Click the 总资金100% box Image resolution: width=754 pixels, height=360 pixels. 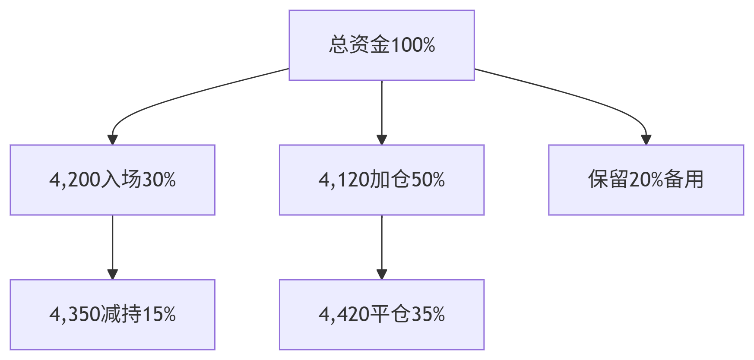pyautogui.click(x=382, y=45)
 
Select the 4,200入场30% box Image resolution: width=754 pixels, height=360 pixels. pyautogui.click(x=113, y=180)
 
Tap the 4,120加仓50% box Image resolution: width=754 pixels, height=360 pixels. pyautogui.click(x=382, y=180)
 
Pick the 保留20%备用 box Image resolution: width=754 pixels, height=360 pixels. pyautogui.click(x=646, y=180)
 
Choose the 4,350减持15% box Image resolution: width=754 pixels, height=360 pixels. pyautogui.click(x=113, y=315)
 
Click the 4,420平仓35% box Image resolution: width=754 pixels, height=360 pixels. pyautogui.click(x=382, y=315)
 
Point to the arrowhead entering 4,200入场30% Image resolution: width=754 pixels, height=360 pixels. pyautogui.click(x=113, y=140)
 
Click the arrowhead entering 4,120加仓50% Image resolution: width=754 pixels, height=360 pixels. pyautogui.click(x=382, y=140)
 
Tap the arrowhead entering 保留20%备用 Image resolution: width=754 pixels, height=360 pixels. pyautogui.click(x=646, y=140)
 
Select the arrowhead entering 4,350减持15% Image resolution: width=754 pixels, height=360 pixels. pyautogui.click(x=113, y=275)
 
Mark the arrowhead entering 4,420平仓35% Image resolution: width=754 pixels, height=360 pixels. pyautogui.click(x=382, y=275)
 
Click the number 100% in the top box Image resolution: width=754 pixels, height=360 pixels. pyautogui.click(x=413, y=45)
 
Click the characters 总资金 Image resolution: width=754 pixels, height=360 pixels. pyautogui.click(x=359, y=45)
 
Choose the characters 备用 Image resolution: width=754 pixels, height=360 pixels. pyautogui.click(x=684, y=180)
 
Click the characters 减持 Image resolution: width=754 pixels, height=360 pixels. pyautogui.click(x=121, y=314)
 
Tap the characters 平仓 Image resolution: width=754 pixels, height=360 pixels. pyautogui.click(x=390, y=314)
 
